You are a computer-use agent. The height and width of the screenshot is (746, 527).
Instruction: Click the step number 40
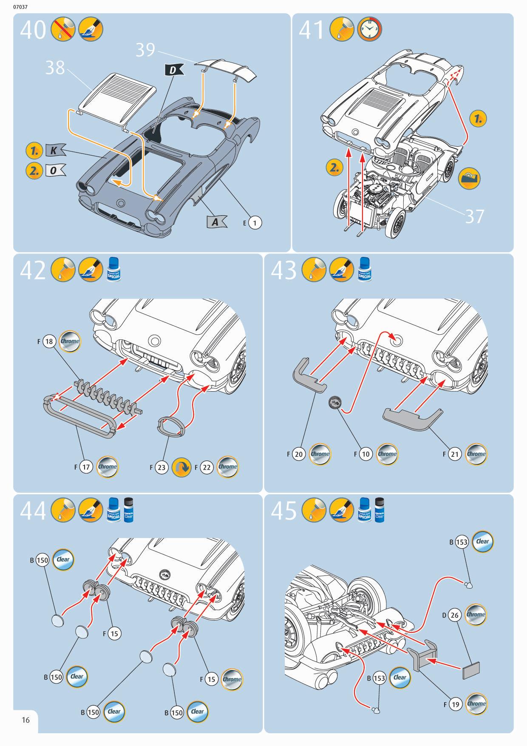pos(32,31)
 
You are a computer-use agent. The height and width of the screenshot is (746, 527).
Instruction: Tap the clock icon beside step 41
pos(369,29)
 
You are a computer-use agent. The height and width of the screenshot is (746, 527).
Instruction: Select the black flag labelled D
pos(173,70)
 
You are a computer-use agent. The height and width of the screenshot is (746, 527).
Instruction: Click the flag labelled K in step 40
pos(54,150)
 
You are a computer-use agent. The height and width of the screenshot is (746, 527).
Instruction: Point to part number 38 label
pos(55,67)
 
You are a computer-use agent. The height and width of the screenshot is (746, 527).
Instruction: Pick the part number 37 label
pos(474,216)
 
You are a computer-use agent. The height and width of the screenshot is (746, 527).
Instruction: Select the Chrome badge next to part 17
pos(108,467)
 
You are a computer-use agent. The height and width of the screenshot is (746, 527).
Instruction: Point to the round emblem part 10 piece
pos(334,402)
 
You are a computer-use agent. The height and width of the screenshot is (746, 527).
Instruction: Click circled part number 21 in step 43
pos(455,454)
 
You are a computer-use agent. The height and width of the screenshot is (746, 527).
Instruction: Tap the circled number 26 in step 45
pos(455,615)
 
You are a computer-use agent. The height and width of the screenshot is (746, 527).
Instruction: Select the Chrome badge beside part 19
pos(476,703)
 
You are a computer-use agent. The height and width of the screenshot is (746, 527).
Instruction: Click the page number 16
pos(25,720)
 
